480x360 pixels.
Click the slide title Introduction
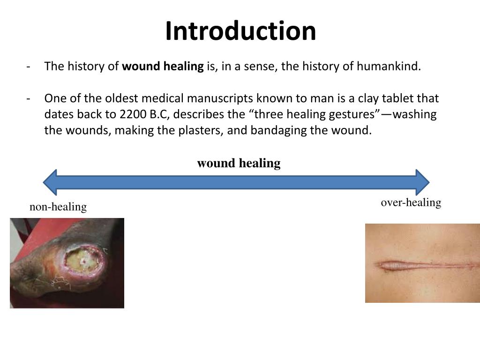click(x=240, y=31)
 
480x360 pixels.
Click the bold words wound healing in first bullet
click(x=163, y=67)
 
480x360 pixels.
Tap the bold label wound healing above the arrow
click(x=239, y=163)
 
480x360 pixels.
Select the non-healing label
click(x=58, y=207)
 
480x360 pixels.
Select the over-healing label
click(x=411, y=202)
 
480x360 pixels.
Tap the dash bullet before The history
click(x=29, y=67)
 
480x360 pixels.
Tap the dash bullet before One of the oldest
click(x=29, y=98)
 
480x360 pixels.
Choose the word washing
click(x=415, y=114)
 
